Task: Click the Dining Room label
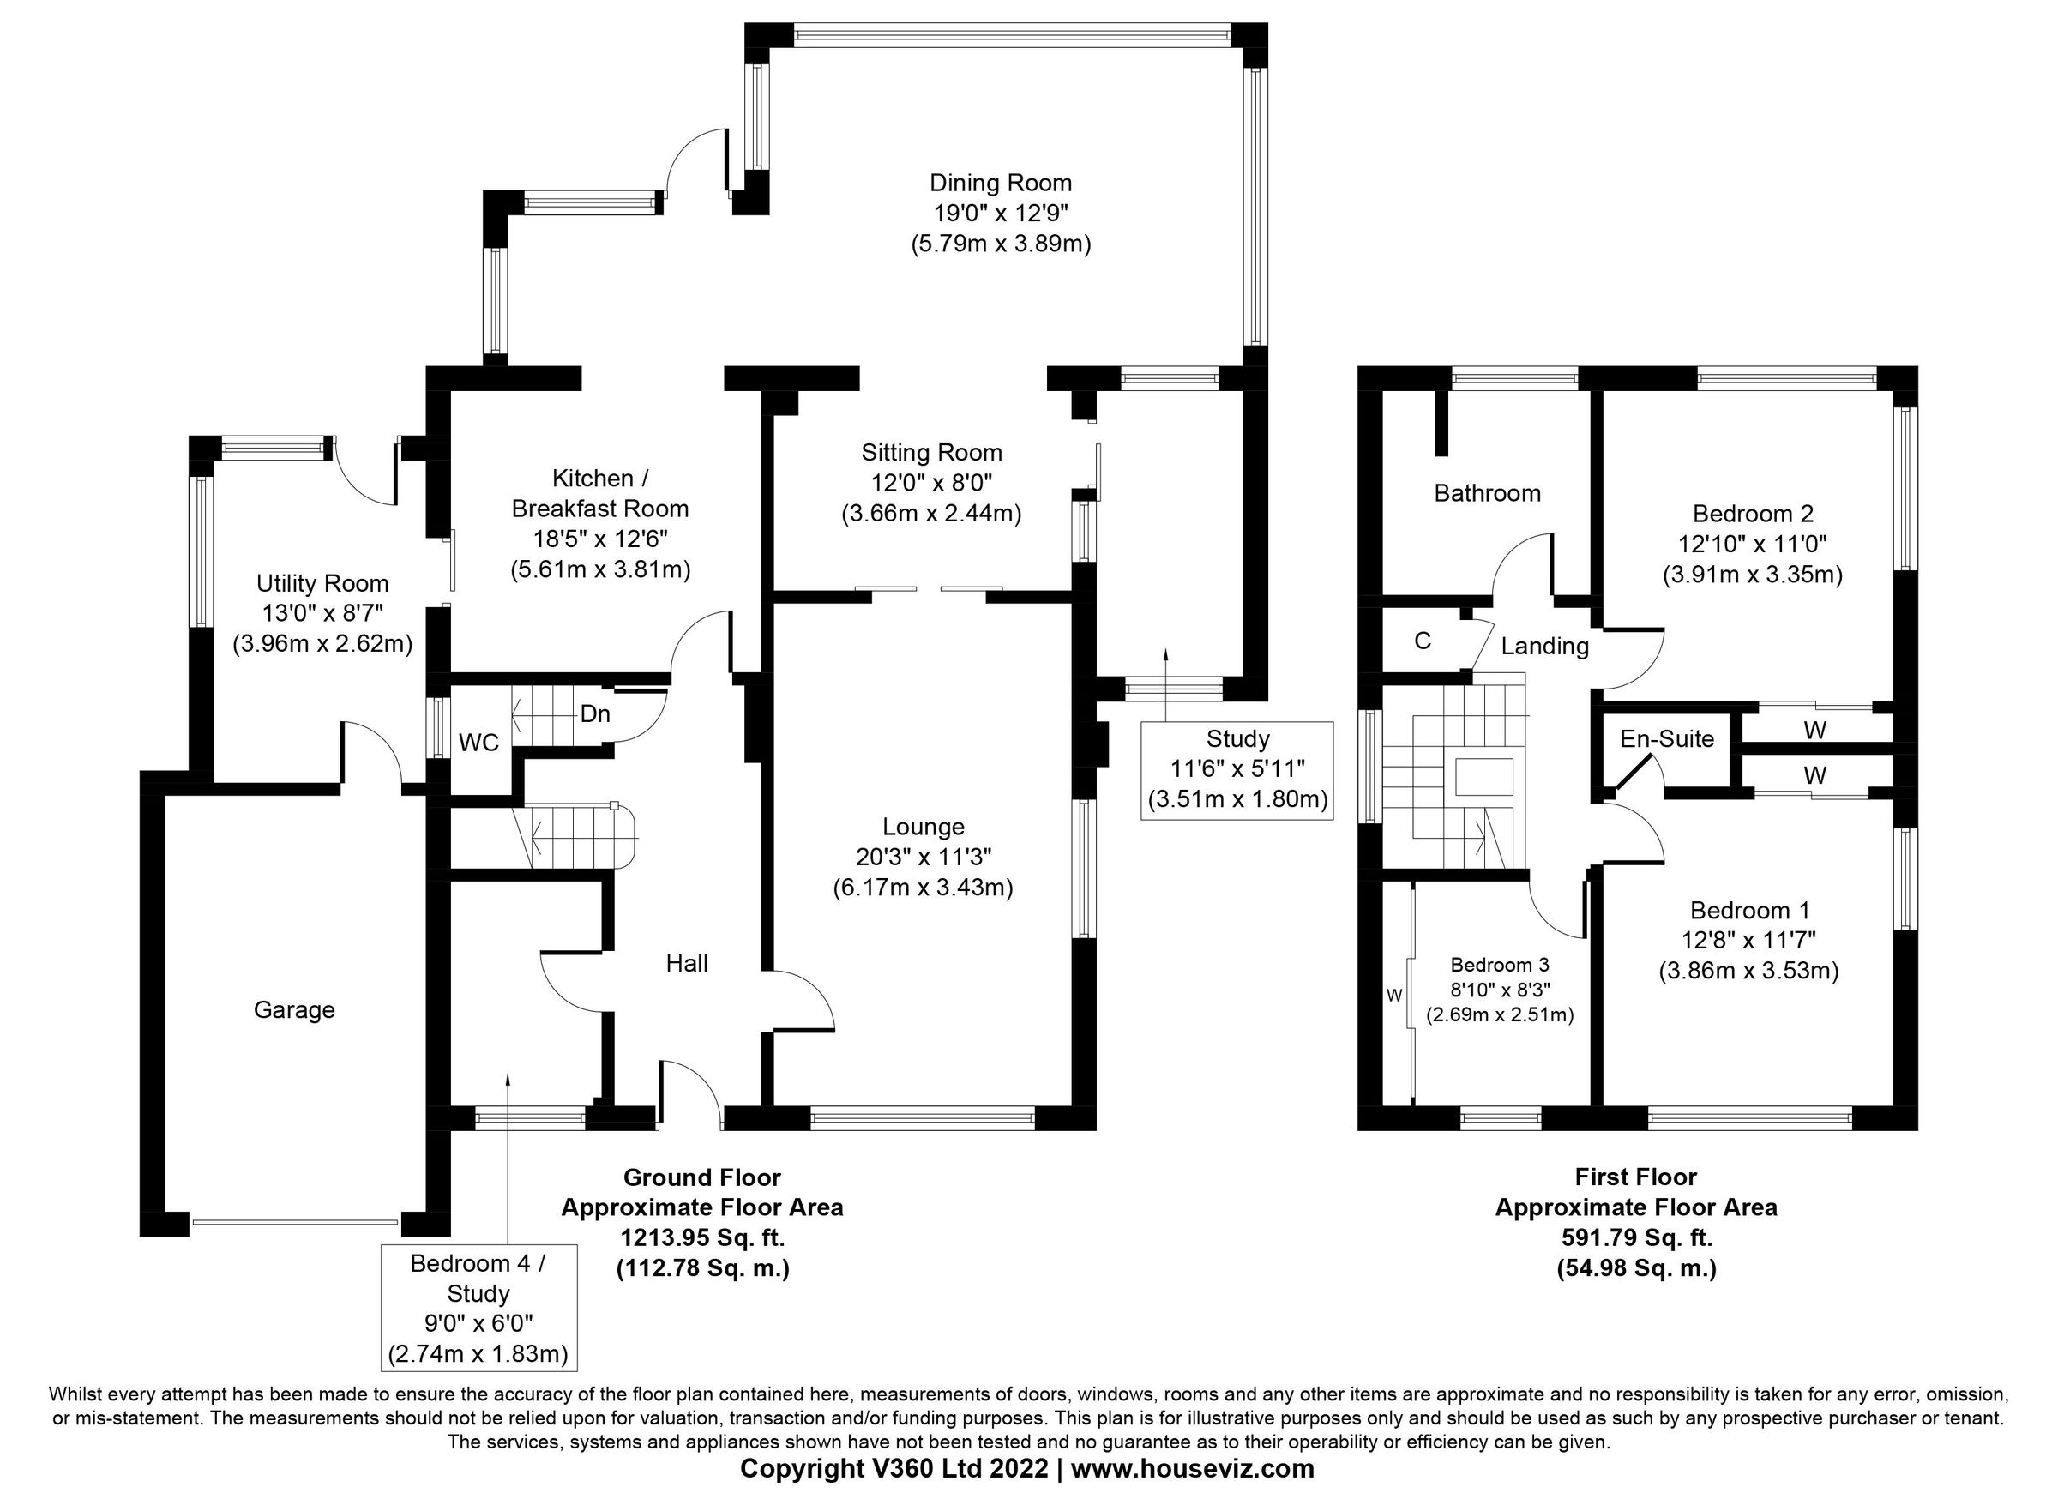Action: (1000, 184)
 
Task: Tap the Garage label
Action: (294, 1010)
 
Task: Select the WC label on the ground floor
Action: (478, 743)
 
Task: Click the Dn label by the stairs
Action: (594, 714)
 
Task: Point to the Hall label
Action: (687, 964)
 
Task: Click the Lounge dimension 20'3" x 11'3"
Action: (923, 857)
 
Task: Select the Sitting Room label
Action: (931, 452)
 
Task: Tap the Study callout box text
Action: (1237, 769)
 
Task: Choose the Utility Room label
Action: (322, 584)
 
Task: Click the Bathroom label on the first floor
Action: (1487, 493)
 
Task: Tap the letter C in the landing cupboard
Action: (1422, 641)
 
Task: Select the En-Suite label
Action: (1667, 739)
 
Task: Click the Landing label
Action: (1544, 647)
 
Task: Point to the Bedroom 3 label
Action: (1499, 965)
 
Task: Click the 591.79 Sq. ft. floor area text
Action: (1636, 1238)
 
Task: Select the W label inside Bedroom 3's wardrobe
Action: (1393, 996)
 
